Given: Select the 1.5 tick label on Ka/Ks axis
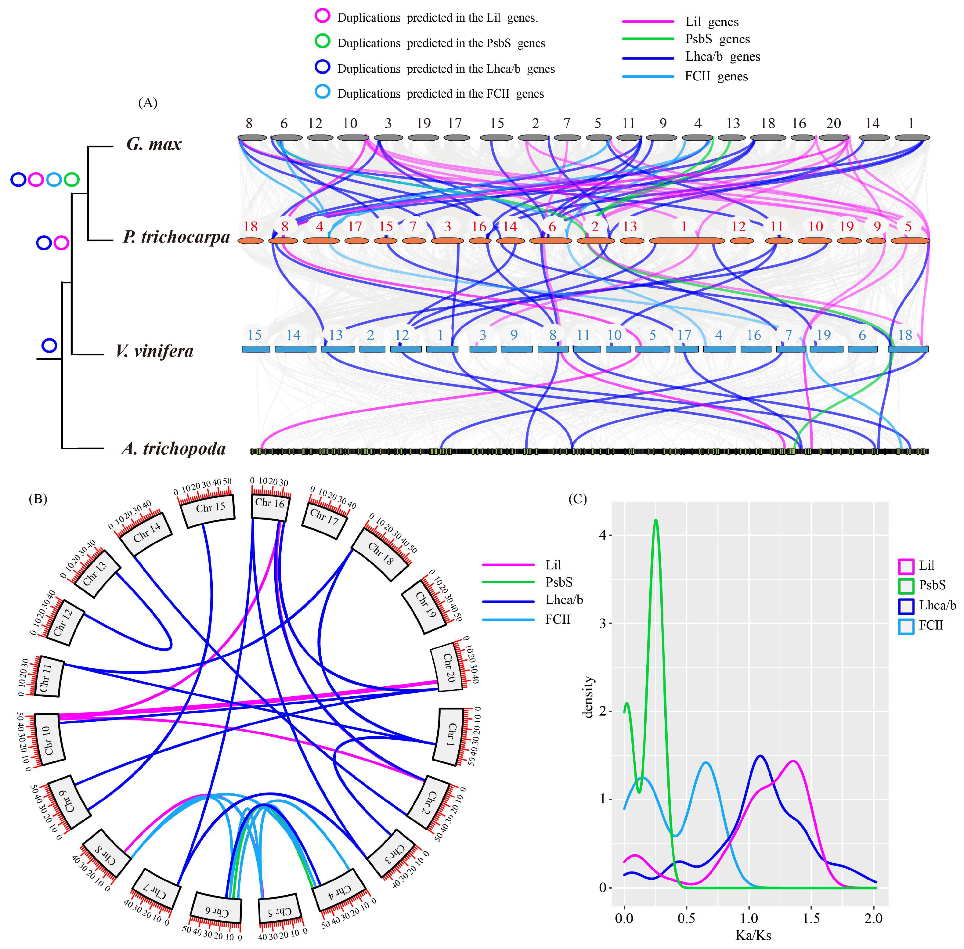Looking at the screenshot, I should pos(811,918).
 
